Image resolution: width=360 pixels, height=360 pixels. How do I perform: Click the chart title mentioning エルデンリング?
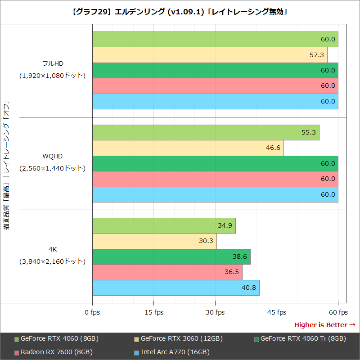[180, 12]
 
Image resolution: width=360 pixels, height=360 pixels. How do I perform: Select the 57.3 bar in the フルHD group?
[210, 55]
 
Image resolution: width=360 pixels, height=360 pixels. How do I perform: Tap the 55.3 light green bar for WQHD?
[206, 133]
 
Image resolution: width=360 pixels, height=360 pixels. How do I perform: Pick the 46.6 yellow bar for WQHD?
[188, 148]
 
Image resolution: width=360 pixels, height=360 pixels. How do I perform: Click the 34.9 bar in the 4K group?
[164, 225]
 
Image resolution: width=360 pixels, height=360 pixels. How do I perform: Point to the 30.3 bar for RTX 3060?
[154, 241]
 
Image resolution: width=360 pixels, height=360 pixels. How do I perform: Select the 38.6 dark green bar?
[171, 256]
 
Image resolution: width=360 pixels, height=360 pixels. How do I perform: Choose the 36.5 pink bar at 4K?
[167, 272]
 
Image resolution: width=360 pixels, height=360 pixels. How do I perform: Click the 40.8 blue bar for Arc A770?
[176, 288]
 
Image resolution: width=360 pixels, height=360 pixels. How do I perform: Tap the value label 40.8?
[249, 288]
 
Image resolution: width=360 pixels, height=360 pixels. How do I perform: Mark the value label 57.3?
[317, 55]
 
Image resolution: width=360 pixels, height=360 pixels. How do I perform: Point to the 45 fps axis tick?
[277, 312]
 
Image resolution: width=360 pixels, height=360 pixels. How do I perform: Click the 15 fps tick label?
[154, 312]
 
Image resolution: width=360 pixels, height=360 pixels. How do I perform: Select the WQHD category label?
[52, 156]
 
